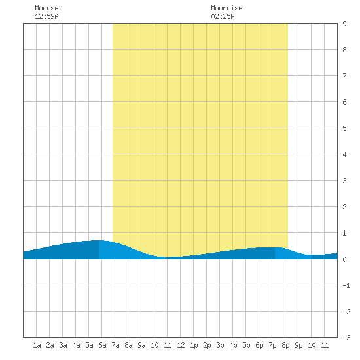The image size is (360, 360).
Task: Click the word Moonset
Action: point(48,8)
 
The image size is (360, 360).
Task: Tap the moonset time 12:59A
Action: point(46,16)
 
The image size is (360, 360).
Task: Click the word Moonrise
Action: point(226,8)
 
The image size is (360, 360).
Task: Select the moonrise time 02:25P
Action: point(223,16)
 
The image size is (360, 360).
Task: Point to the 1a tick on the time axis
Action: point(37,345)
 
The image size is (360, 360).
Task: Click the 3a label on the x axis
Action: point(63,345)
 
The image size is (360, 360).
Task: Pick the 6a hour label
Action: point(102,345)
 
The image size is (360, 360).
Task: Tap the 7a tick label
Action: point(115,345)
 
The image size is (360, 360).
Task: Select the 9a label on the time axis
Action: point(141,345)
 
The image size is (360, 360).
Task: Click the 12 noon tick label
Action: point(181,345)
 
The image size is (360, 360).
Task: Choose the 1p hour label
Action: point(194,345)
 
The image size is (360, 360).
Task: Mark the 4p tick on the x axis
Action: point(233,345)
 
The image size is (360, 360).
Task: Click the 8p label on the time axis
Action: point(285,345)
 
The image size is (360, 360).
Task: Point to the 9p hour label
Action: point(298,345)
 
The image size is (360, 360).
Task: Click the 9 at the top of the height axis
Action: point(344,24)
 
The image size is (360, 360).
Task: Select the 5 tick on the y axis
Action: point(344,128)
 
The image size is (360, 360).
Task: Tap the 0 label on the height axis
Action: point(344,259)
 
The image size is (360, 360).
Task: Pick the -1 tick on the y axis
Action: point(346,285)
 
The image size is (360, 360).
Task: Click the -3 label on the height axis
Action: point(346,338)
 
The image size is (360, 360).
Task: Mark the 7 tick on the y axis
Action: point(344,76)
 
